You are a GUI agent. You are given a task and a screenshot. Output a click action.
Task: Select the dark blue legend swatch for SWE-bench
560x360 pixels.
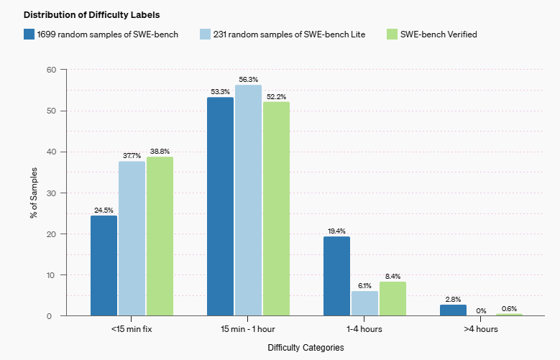29,34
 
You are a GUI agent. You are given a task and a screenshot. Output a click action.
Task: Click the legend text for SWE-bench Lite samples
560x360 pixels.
289,34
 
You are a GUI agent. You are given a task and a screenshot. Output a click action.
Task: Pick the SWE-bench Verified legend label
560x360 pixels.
438,34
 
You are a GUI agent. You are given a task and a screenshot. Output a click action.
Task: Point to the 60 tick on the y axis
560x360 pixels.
50,70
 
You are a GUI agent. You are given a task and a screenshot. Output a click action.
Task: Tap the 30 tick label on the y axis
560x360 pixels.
50,193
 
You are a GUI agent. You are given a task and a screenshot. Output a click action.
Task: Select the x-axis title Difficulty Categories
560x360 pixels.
306,347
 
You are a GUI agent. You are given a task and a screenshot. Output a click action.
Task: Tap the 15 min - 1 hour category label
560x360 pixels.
248,328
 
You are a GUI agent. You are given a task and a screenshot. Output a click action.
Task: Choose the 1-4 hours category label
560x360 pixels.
364,328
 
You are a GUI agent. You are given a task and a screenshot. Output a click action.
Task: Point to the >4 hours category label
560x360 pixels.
481,328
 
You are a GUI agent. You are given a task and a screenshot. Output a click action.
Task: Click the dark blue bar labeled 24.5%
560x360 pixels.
104,265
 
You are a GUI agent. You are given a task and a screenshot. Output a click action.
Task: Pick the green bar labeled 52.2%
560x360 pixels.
276,208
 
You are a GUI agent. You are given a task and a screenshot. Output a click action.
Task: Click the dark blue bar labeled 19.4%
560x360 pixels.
336,276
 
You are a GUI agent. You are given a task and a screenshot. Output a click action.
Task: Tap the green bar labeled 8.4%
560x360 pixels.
393,298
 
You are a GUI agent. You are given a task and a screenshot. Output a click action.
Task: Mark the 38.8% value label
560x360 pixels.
160,152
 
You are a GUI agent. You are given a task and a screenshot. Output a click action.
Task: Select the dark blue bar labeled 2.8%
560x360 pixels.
453,310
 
